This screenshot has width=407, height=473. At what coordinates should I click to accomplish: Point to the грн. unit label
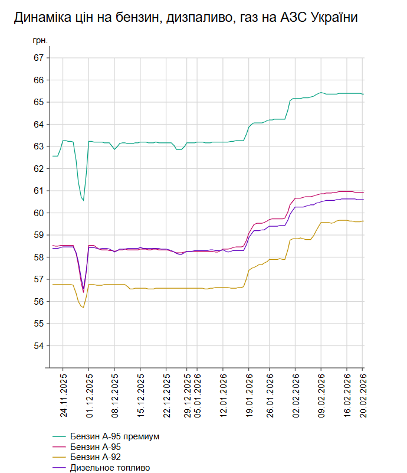coord(40,42)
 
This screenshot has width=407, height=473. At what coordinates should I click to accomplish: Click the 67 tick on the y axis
coord(39,58)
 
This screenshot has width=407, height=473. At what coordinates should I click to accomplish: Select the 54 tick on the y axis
coord(39,345)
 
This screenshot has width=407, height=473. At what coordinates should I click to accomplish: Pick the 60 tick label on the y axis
coord(39,213)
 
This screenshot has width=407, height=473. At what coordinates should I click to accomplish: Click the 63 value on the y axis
coord(39,146)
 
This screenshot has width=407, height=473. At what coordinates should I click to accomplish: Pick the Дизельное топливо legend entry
coord(110,468)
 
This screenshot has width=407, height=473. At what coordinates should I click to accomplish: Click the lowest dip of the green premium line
coord(83,201)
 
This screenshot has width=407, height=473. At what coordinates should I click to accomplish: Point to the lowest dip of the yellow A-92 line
coord(83,307)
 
